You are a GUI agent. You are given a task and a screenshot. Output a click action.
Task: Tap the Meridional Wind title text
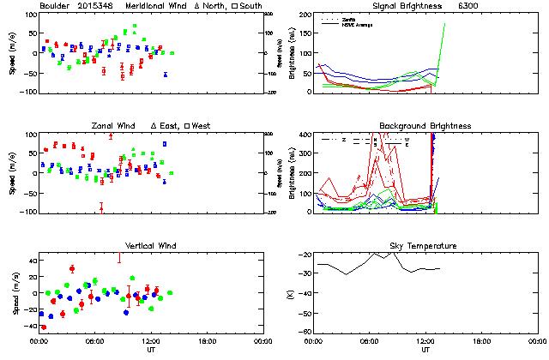[x=157, y=6]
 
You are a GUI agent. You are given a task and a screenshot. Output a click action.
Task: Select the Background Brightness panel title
[x=425, y=126]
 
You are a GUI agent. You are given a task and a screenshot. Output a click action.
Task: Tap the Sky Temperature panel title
[x=425, y=246]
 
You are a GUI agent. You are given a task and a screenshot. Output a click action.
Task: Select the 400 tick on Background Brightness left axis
[x=304, y=135]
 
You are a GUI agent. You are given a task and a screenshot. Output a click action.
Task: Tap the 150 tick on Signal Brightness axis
[x=304, y=34]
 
